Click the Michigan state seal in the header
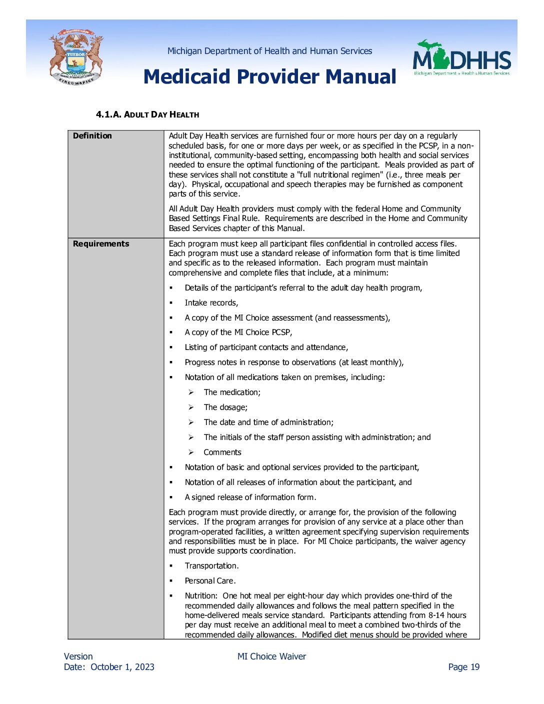coord(76,57)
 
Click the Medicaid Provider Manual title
coord(269,76)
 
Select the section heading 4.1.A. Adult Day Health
coord(147,114)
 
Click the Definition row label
coord(92,136)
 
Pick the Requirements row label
coord(101,244)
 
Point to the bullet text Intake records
coord(211,303)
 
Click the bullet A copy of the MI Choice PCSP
coord(238,332)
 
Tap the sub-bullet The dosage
coord(225,407)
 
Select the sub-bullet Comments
coord(222,452)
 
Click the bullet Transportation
coord(211,566)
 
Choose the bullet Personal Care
coord(210,581)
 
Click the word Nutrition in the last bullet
coord(200,596)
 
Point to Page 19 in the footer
coord(463,667)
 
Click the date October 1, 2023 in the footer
coord(122,667)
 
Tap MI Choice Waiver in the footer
coord(271,656)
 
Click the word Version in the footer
coord(78,656)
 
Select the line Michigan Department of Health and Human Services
coord(269,51)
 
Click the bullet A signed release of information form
coord(250,497)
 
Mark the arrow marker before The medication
coord(191,392)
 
